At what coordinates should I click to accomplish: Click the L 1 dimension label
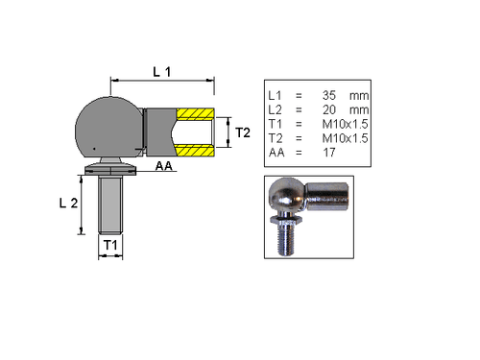161,71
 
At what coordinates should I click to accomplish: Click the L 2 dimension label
67,203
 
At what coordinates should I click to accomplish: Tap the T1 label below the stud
112,246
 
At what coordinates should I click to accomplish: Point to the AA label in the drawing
165,166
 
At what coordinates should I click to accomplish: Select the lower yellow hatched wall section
194,150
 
